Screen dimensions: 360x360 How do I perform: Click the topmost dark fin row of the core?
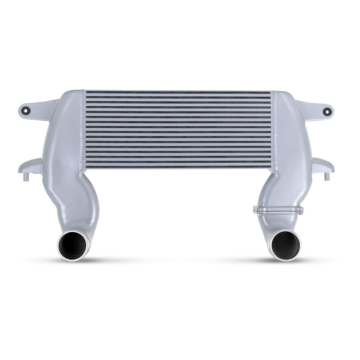click(178, 92)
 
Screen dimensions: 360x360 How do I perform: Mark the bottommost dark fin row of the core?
click(178, 167)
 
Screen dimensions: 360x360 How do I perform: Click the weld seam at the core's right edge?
click(273, 130)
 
